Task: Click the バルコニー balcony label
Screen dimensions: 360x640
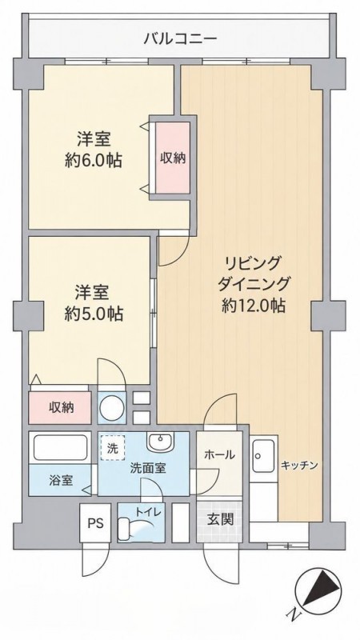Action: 180,39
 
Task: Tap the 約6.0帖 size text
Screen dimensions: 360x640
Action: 94,161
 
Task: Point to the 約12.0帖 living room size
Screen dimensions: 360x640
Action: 253,306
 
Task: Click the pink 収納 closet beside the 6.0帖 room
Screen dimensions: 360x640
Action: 172,158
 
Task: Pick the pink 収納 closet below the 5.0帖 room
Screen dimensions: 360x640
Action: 60,408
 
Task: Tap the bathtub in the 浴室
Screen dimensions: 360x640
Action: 61,448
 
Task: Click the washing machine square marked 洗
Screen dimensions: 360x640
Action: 112,449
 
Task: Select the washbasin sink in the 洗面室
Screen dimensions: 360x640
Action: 161,442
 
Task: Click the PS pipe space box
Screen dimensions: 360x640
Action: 95,523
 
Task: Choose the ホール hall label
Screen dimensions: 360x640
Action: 218,454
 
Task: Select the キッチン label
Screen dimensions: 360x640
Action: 298,465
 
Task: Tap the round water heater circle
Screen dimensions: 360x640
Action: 110,407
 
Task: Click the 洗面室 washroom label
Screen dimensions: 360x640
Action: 147,468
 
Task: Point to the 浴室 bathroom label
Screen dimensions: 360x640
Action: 62,481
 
